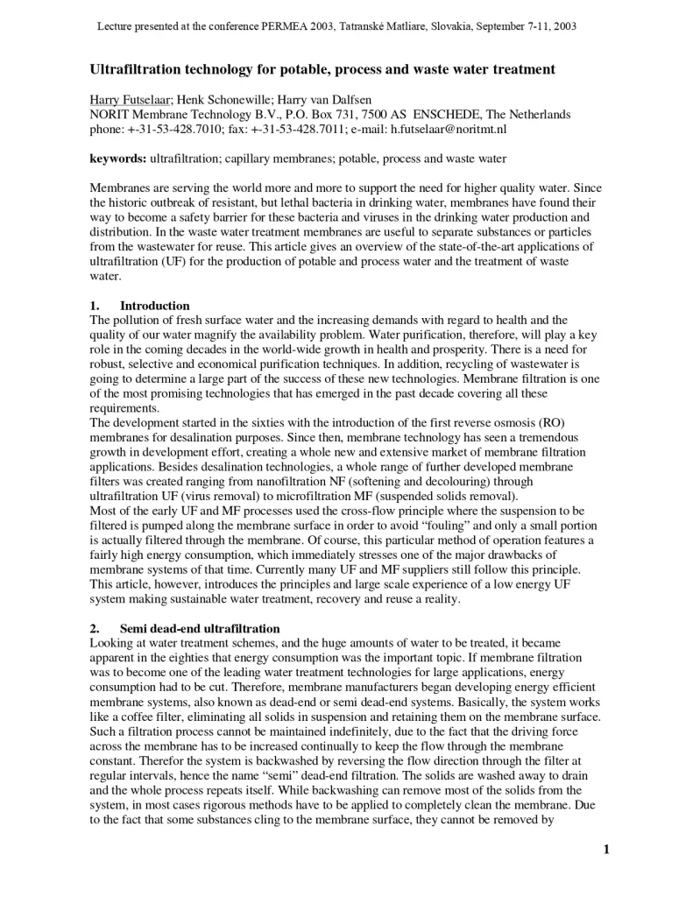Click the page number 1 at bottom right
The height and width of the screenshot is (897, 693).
[605, 849]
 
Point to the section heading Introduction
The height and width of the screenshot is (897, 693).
[154, 306]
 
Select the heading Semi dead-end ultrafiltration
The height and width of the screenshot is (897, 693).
[200, 629]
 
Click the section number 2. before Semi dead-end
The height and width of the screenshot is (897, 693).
[95, 629]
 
